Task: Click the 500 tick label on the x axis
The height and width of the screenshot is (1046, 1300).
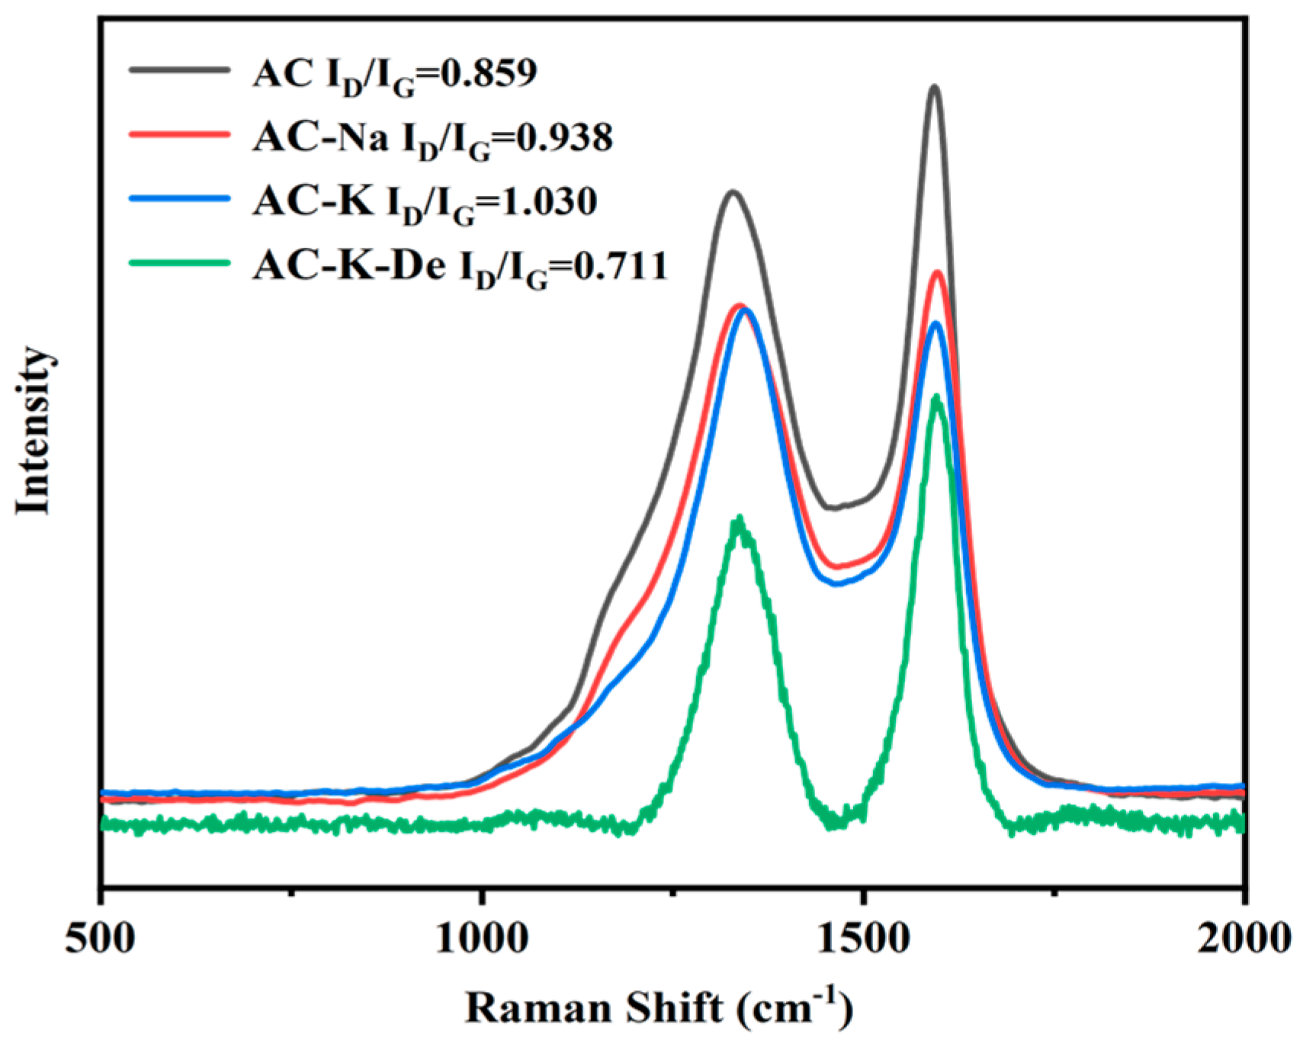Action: click(x=101, y=939)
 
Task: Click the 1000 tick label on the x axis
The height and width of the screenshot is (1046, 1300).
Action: click(x=482, y=939)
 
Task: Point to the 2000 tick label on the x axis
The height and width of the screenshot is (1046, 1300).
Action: click(x=1243, y=939)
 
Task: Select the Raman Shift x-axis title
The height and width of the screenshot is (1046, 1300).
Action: click(x=659, y=1008)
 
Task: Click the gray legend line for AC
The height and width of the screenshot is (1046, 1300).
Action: click(x=180, y=69)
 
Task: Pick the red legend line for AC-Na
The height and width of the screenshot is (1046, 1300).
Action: click(x=180, y=134)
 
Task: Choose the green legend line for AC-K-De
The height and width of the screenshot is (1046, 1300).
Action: click(x=180, y=264)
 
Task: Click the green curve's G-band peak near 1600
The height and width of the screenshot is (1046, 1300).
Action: click(x=936, y=398)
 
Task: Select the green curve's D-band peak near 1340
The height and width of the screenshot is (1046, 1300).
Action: click(x=738, y=520)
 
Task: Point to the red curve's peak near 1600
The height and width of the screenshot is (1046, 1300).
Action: click(x=938, y=272)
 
